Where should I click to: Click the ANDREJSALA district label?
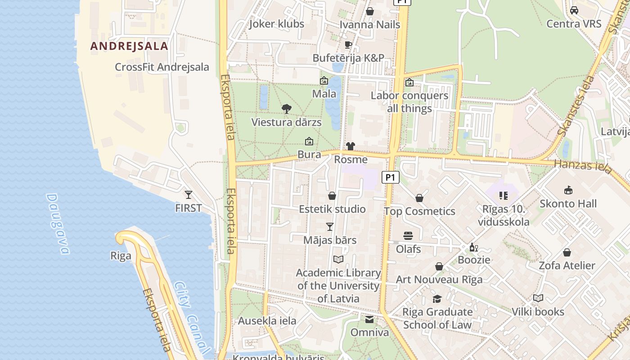coord(129,46)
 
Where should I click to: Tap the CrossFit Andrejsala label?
coord(162,67)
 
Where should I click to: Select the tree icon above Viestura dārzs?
coord(286,108)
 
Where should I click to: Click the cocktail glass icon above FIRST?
coord(189,194)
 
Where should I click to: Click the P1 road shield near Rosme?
coord(391,177)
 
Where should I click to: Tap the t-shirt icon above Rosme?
coord(351,146)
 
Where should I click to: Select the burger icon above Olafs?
coord(408,235)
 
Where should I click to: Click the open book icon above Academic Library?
coord(338,259)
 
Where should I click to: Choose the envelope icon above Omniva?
coord(369,319)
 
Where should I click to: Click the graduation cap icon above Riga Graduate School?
coord(437,299)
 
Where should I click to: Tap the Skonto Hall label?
coord(568,204)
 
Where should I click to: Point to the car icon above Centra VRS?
coord(574,10)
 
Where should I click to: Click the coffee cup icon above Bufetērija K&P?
coord(348,44)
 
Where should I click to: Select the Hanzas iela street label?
coord(583,166)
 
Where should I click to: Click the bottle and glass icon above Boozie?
coord(474,247)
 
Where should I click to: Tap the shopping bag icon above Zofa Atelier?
coord(567,252)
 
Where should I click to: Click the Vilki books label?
coord(538,312)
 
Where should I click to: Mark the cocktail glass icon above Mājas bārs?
coord(330,226)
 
